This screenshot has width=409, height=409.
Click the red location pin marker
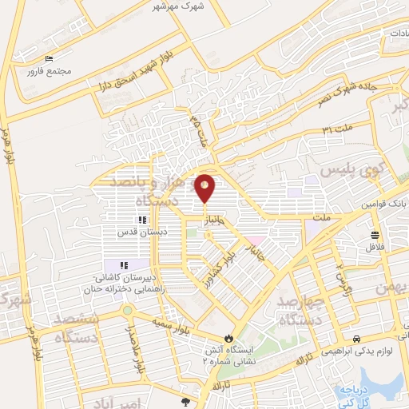click(x=205, y=189)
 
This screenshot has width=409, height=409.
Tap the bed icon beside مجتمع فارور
click(x=50, y=59)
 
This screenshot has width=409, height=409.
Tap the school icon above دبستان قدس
click(x=141, y=220)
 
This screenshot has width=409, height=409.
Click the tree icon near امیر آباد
click(x=187, y=401)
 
